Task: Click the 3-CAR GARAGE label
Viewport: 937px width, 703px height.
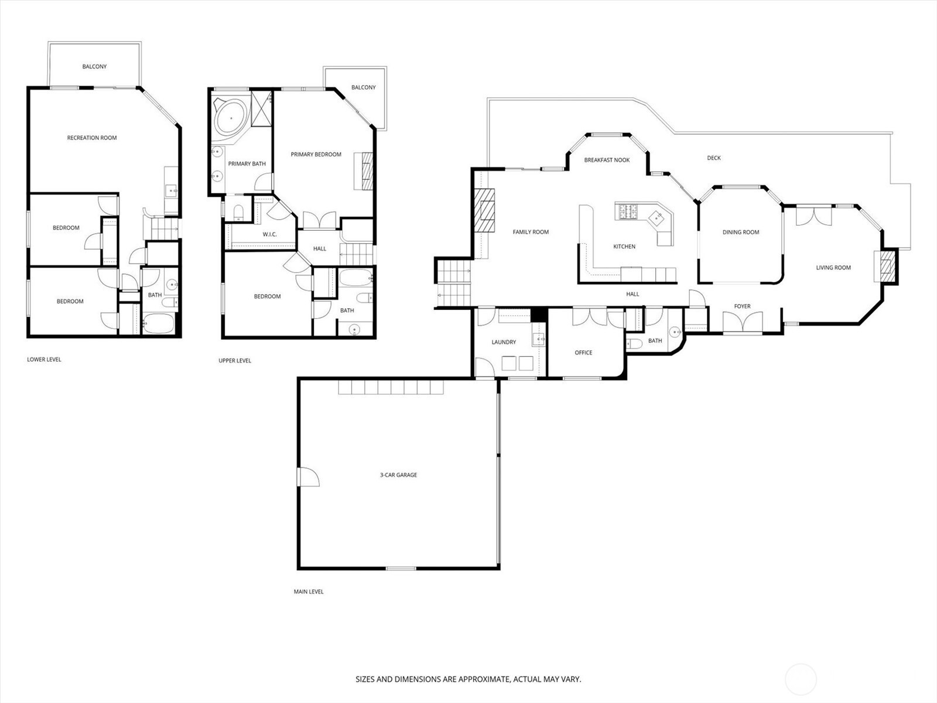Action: pos(398,475)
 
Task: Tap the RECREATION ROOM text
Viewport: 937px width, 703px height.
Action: pos(92,138)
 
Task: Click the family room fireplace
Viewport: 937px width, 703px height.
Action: pos(484,210)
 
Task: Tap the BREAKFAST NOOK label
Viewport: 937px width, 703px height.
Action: pos(607,160)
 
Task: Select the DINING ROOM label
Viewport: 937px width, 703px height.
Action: pos(741,232)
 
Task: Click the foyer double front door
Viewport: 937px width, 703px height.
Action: pos(743,322)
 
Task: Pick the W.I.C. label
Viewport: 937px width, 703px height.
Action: pos(269,234)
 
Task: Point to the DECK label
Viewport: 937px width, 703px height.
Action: pos(714,158)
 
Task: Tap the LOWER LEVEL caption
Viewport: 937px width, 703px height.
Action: pos(44,359)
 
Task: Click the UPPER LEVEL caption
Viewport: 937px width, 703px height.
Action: pos(235,361)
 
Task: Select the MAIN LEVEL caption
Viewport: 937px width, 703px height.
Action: pos(308,592)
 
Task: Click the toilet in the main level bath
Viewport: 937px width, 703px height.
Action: pos(634,344)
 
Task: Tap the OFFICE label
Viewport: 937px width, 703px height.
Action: pos(583,353)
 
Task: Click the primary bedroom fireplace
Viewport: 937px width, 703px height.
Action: pos(364,170)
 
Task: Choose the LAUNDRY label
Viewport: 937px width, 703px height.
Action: pos(504,342)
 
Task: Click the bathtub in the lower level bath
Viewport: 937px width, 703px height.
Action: pos(158,323)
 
